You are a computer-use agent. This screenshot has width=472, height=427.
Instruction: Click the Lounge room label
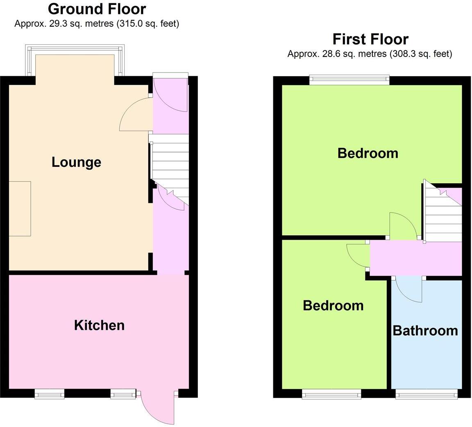click(x=76, y=162)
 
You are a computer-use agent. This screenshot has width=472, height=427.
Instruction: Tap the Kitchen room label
click(x=99, y=325)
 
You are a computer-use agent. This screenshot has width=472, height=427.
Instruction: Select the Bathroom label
click(x=425, y=330)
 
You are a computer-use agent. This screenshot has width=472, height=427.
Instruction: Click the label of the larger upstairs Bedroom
click(x=368, y=153)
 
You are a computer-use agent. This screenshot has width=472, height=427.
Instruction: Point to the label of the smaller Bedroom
click(x=333, y=305)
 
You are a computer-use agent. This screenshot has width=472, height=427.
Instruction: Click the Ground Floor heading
click(x=97, y=9)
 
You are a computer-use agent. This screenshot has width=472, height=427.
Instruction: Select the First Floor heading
click(x=370, y=39)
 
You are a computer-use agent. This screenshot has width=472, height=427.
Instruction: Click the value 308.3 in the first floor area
click(x=402, y=54)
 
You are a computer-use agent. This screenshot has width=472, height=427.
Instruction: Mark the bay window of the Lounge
click(x=75, y=49)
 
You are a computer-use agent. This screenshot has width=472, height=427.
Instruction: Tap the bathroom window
click(x=426, y=394)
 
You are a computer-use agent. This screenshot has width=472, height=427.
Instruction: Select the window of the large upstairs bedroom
click(x=349, y=79)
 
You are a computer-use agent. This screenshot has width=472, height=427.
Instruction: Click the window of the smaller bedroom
click(x=331, y=394)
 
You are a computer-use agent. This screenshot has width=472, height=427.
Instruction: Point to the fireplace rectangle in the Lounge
click(x=20, y=209)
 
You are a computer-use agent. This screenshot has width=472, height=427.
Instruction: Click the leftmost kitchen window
click(x=49, y=394)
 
